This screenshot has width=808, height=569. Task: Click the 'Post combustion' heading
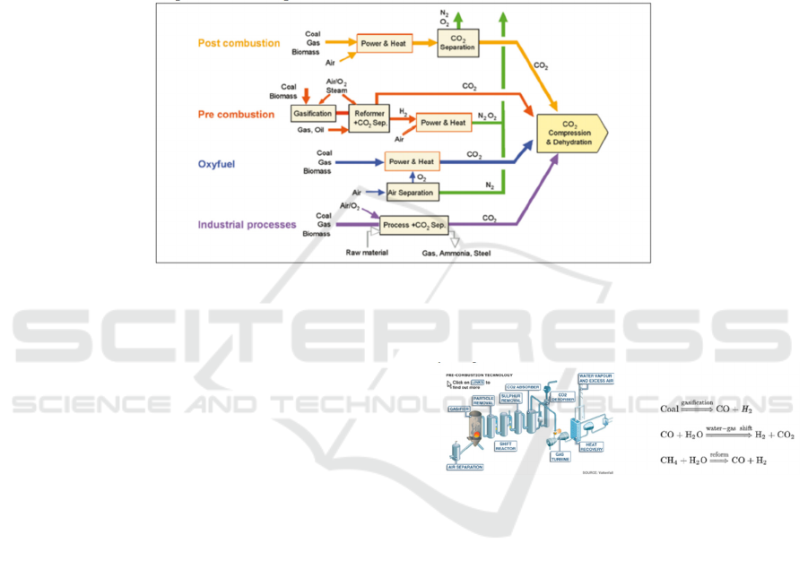point(239,43)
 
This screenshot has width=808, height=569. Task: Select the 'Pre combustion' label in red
point(236,115)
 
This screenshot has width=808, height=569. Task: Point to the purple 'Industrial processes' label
point(247,225)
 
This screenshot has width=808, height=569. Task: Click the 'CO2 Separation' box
point(457,41)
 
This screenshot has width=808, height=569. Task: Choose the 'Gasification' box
point(313,114)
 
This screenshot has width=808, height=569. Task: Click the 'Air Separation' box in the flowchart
point(412,193)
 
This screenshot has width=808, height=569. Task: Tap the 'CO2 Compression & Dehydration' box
point(570,136)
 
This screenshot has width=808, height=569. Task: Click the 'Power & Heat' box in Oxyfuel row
point(412,162)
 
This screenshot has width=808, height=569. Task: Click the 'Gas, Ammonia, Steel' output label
point(456,254)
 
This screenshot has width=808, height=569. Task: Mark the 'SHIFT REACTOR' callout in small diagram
point(506,445)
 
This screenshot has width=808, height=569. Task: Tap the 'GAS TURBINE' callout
point(560,454)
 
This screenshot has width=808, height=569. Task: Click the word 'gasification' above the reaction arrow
point(696,403)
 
